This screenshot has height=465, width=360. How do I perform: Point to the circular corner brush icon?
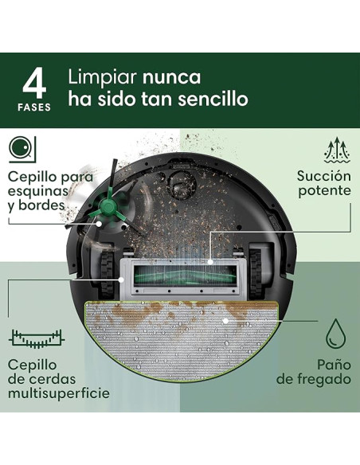pos(22,148)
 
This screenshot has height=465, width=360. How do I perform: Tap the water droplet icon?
pos(335,330)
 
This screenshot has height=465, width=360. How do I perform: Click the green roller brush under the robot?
pos(186,274)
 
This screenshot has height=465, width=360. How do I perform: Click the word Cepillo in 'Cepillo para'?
pos(33,176)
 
